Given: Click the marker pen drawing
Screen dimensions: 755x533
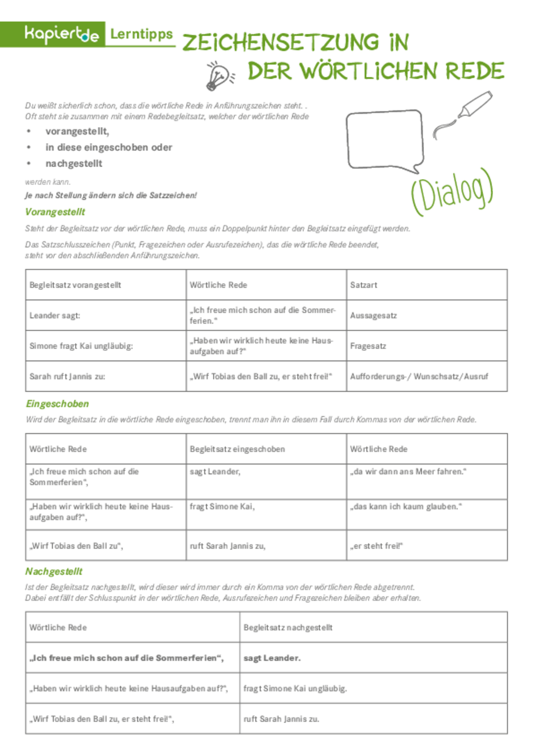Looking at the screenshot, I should click(x=462, y=115).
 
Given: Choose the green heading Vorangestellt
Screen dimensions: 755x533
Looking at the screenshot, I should click(x=55, y=211).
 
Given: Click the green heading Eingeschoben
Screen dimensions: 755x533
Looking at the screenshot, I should click(x=57, y=404).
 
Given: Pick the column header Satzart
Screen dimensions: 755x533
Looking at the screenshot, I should click(x=363, y=285).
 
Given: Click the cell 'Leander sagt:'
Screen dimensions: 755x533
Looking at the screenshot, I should click(x=55, y=316).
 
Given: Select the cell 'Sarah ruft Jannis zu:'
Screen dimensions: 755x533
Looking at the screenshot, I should click(x=68, y=377).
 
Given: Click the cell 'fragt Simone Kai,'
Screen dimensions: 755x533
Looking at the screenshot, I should click(x=222, y=507).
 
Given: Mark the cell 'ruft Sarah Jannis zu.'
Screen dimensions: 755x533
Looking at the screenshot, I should click(x=281, y=719).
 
